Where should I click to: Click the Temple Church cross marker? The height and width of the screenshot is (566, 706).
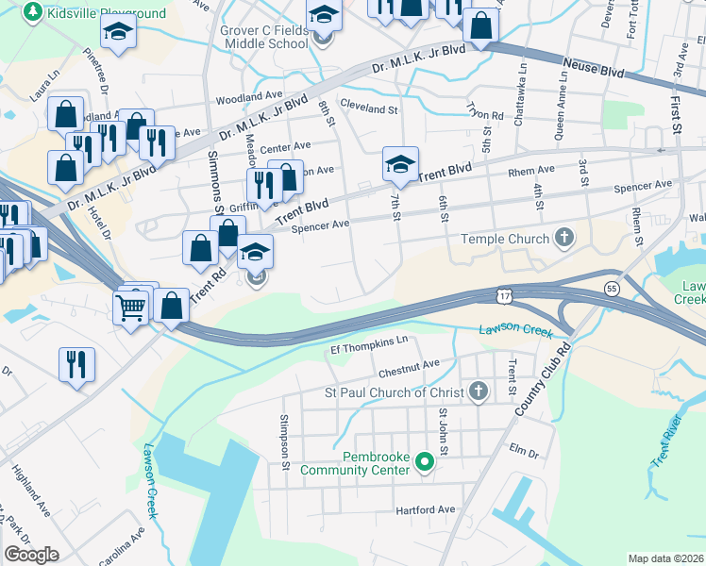[564, 238]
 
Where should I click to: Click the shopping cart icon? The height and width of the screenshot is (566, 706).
[130, 307]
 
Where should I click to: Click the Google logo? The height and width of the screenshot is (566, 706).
[32, 555]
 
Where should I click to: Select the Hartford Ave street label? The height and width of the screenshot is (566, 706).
[429, 509]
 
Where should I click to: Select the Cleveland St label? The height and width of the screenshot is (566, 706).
[368, 108]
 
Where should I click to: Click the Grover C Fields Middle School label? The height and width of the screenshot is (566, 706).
[264, 37]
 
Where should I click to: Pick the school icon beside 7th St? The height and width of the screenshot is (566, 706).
[399, 164]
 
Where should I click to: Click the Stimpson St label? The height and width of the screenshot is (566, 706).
[283, 440]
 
